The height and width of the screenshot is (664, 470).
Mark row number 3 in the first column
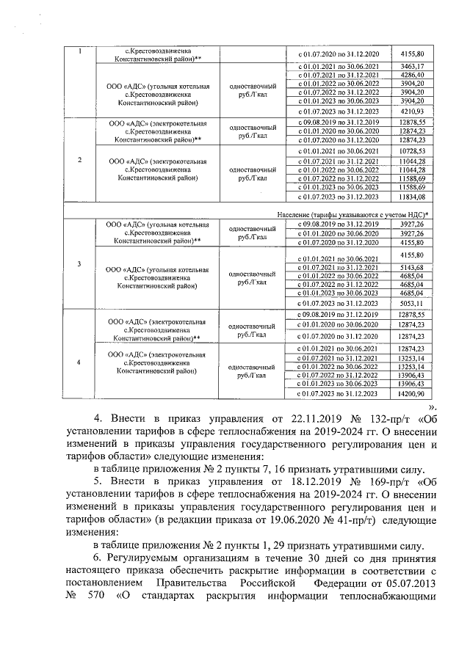point(79,263)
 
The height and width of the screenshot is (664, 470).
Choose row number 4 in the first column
point(79,360)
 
